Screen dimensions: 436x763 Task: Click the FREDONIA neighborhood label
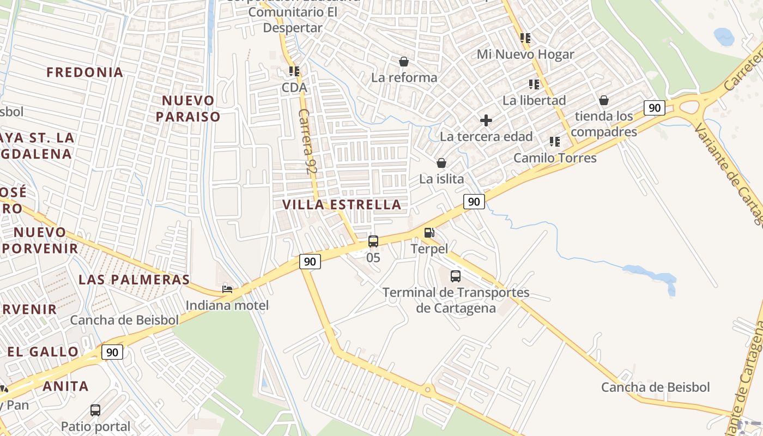(85, 72)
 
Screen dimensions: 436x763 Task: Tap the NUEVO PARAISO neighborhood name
(188, 108)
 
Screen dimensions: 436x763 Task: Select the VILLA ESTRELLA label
(342, 205)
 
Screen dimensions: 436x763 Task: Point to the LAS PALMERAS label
(134, 280)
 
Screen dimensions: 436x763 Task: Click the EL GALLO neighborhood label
(43, 352)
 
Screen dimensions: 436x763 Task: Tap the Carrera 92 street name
(308, 141)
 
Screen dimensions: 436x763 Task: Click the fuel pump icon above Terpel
(429, 233)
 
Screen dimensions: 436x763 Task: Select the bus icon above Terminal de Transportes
(456, 276)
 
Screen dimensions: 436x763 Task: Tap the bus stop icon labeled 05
(373, 241)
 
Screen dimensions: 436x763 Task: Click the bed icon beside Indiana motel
(227, 289)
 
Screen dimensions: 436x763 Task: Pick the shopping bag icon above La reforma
(404, 62)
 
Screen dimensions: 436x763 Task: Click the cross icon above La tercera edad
(486, 120)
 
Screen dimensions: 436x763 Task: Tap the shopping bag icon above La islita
(441, 163)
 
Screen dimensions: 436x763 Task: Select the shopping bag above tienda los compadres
(604, 100)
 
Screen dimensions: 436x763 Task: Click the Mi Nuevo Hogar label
(525, 55)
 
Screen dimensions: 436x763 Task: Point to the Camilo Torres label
(555, 158)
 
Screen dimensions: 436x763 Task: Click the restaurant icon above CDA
(294, 71)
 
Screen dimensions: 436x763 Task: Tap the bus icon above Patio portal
(95, 410)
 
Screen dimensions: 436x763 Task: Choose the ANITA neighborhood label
(65, 386)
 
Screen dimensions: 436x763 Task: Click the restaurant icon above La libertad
(534, 84)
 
